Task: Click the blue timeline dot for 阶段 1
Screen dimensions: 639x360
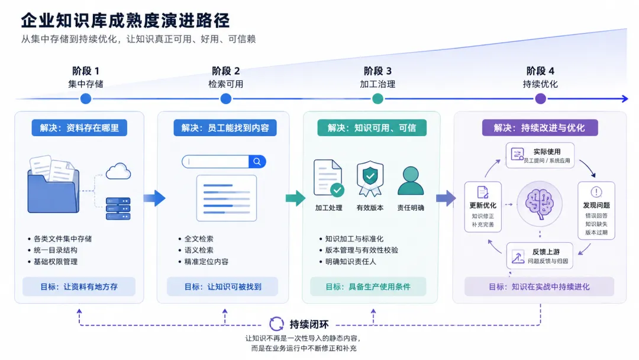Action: pos(86,99)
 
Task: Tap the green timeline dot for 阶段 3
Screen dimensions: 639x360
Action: pos(377,99)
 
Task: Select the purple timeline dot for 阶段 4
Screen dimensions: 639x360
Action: pos(540,99)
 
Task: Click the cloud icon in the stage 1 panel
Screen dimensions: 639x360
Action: pos(118,171)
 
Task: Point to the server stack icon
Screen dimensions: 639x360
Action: pos(118,209)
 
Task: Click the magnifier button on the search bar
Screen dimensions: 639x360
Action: pos(257,162)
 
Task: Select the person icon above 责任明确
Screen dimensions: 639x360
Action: pos(411,181)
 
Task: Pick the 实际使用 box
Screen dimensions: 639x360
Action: pos(540,155)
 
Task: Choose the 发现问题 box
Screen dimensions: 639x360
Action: pos(596,210)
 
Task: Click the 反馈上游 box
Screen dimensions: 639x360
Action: pos(540,256)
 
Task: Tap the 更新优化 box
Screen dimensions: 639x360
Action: pos(483,207)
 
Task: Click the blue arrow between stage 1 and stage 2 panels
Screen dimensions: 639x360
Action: pos(154,198)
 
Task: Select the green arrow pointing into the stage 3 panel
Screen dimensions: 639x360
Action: pos(295,198)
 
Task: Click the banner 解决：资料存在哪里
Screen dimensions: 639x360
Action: pos(79,128)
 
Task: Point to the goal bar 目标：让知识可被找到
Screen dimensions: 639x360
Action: pos(222,287)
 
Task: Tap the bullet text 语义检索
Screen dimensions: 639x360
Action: pos(199,250)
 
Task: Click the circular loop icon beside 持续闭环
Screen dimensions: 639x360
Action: pos(276,324)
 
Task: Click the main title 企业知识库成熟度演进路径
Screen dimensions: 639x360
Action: pos(126,20)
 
